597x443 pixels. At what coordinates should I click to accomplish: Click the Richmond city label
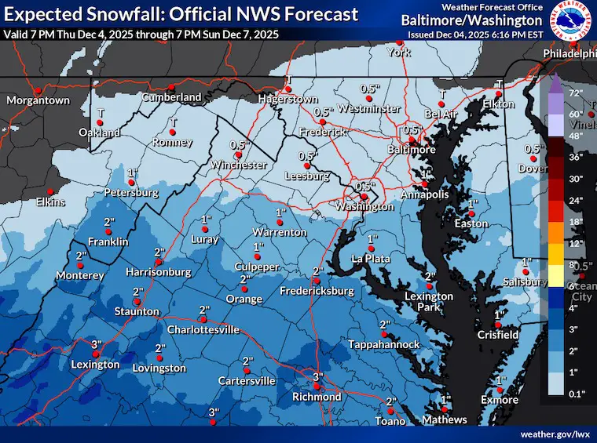pyautogui.click(x=317, y=397)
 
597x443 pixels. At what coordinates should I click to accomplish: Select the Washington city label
pyautogui.click(x=364, y=207)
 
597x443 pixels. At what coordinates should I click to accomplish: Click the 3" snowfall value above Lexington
pyautogui.click(x=97, y=344)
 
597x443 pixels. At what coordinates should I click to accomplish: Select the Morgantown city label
pyautogui.click(x=38, y=100)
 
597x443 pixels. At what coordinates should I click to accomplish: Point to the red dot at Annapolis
pyautogui.click(x=424, y=184)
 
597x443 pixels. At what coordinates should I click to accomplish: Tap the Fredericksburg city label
pyautogui.click(x=317, y=291)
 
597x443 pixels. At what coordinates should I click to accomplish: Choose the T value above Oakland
pyautogui.click(x=100, y=113)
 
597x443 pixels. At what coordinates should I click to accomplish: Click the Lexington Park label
pyautogui.click(x=429, y=301)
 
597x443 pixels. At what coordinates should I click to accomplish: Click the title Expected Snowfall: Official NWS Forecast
pyautogui.click(x=181, y=14)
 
